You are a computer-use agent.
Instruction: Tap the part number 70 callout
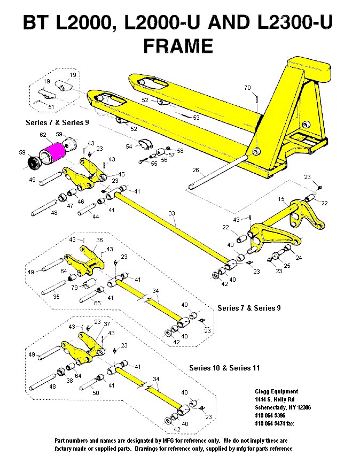click(x=247, y=88)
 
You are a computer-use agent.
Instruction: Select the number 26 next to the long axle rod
click(x=195, y=171)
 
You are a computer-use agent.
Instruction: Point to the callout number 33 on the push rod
click(x=171, y=214)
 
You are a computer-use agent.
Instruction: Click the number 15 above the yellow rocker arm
click(x=281, y=199)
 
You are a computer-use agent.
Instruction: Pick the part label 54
click(x=129, y=146)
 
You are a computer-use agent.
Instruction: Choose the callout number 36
click(x=99, y=240)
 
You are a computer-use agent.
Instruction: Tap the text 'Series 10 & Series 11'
click(x=224, y=368)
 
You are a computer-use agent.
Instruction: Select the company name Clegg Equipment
click(x=277, y=391)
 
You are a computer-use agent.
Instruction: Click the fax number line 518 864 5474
click(x=273, y=423)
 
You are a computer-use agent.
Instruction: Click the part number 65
click(x=97, y=303)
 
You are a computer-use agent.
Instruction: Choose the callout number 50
click(x=96, y=393)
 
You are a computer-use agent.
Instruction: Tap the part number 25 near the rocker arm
click(x=287, y=266)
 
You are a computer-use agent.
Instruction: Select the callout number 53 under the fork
click(x=196, y=117)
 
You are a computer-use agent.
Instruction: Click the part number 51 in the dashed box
click(x=51, y=107)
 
